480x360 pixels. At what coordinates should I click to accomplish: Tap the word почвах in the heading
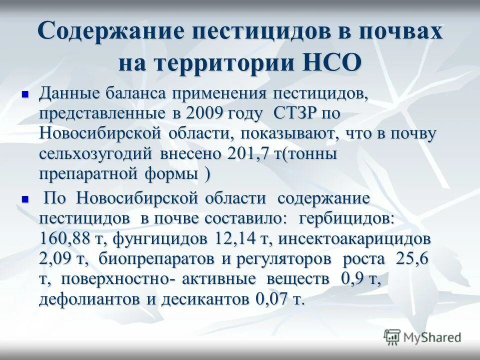(x=394, y=32)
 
